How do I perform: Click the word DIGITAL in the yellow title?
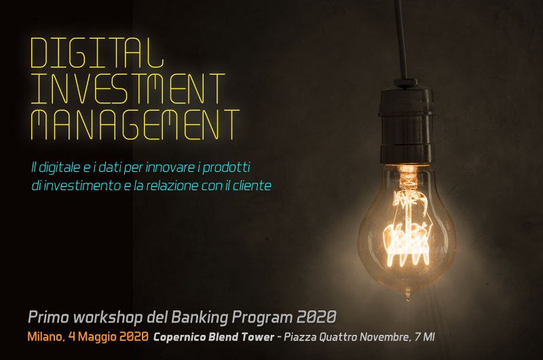pos(97,53)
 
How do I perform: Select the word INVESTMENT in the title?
pos(128,89)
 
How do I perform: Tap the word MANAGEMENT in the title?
pos(135,125)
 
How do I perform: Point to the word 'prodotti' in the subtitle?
pos(226,168)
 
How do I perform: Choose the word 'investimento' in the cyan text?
pos(81,185)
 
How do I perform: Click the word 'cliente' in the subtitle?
pos(252,185)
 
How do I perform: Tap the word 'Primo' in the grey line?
pos(48,317)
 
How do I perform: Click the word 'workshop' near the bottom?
pos(108,318)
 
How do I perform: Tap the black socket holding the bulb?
pos(407,122)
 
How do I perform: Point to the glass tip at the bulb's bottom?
pos(408,297)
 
